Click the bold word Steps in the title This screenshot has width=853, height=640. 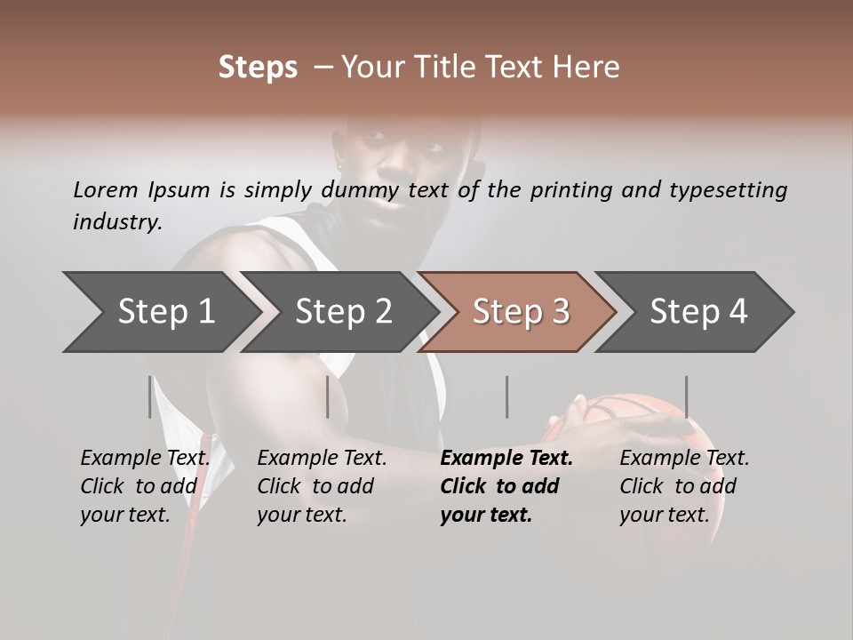[258, 68]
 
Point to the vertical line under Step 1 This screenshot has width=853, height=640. [150, 396]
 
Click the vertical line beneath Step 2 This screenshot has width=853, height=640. [328, 396]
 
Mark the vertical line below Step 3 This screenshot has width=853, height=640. [506, 396]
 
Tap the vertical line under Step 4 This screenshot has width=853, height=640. [686, 396]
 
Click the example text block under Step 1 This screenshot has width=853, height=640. [145, 486]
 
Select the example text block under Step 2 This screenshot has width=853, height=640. [322, 486]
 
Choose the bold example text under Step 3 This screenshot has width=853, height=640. [506, 486]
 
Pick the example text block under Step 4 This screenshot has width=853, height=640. [684, 486]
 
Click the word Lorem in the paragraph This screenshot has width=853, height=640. [106, 190]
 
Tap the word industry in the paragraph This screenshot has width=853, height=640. [116, 222]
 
